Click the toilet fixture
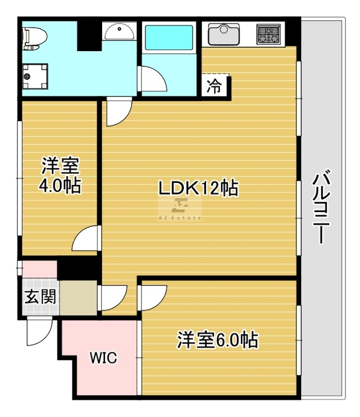[34, 38]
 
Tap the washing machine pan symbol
[35, 76]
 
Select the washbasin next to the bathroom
[119, 31]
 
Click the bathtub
[169, 37]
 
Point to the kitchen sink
[224, 34]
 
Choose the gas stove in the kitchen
[269, 34]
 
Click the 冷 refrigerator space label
[214, 86]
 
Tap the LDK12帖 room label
[198, 188]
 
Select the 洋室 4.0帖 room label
[60, 175]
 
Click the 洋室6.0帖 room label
[217, 340]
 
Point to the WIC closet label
[104, 358]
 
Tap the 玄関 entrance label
[40, 297]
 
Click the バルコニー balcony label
[321, 206]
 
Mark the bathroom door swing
[153, 79]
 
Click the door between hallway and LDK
[112, 298]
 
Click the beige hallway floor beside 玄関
[79, 298]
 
